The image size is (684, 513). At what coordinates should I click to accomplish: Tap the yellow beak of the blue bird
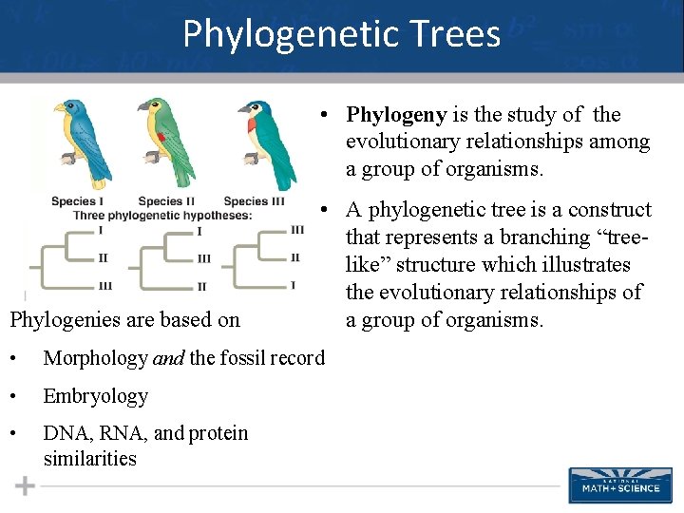click(x=59, y=109)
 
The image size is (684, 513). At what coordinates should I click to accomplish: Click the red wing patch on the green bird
click(x=161, y=139)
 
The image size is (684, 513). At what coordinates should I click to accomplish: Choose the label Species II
click(x=166, y=201)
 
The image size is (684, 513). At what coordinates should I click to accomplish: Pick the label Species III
click(x=254, y=201)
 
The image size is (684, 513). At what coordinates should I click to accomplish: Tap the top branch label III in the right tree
click(x=296, y=230)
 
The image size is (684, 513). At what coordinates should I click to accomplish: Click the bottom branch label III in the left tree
click(x=104, y=286)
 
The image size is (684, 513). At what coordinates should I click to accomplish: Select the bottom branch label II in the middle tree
click(x=202, y=287)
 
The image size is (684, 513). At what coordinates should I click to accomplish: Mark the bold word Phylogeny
click(x=396, y=115)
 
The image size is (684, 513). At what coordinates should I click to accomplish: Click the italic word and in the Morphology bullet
click(x=167, y=358)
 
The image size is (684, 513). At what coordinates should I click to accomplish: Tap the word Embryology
click(x=96, y=396)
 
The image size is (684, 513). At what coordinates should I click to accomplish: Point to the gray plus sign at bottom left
click(x=25, y=486)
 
